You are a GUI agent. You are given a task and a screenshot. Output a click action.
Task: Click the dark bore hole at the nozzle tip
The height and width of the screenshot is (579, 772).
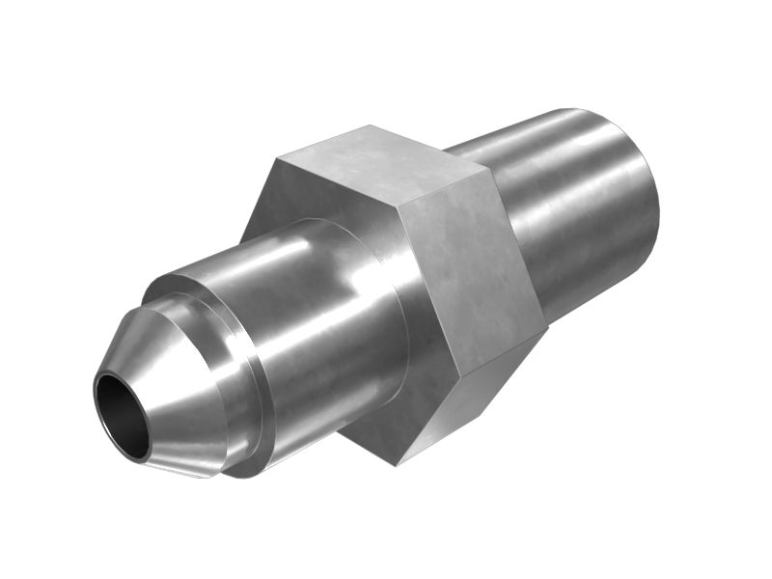(122, 415)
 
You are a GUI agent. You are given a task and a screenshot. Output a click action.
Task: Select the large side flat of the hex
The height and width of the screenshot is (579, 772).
(468, 280)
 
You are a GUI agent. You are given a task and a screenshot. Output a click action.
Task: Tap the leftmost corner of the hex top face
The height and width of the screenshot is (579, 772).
(276, 157)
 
